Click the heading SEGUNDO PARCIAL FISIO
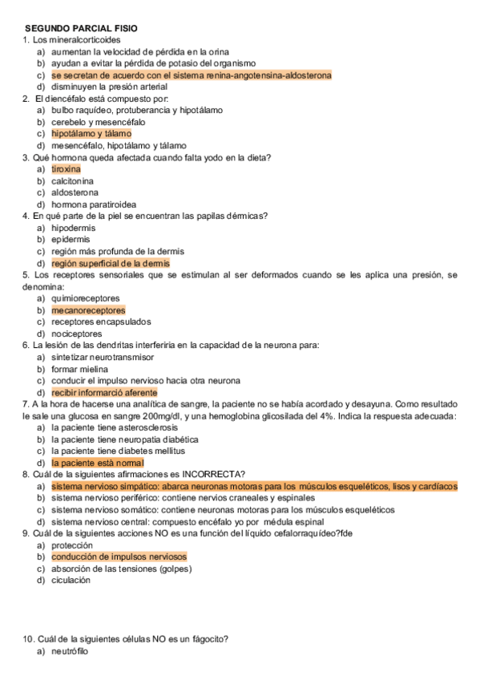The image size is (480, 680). pyautogui.click(x=81, y=28)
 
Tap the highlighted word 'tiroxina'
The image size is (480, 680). pyautogui.click(x=66, y=169)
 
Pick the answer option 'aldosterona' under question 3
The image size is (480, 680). pyautogui.click(x=75, y=192)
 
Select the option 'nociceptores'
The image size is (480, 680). pyautogui.click(x=76, y=334)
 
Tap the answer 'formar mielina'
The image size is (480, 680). pyautogui.click(x=79, y=369)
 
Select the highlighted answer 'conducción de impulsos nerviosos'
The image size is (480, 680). pyautogui.click(x=119, y=557)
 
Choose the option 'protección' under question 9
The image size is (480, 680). pyautogui.click(x=71, y=544)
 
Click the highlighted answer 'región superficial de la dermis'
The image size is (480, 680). pyautogui.click(x=111, y=263)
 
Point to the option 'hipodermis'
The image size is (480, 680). pyautogui.click(x=73, y=228)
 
